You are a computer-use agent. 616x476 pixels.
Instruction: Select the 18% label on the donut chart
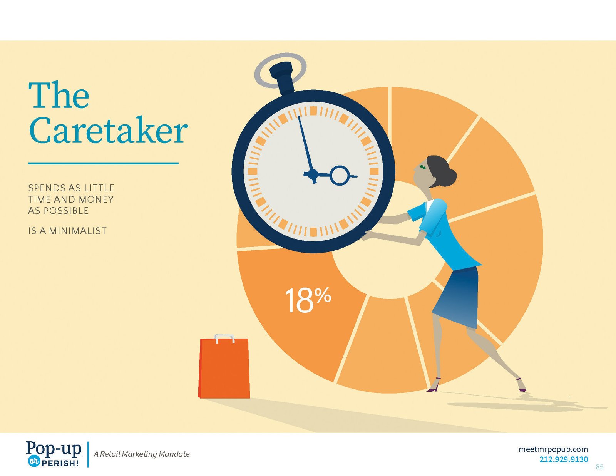(x=308, y=300)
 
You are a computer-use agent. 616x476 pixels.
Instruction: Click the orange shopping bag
(x=224, y=367)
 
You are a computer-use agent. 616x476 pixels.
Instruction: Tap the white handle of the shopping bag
(x=224, y=338)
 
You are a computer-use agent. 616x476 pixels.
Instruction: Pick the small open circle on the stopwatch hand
(x=340, y=176)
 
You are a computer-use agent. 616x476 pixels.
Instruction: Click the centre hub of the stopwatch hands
(x=313, y=174)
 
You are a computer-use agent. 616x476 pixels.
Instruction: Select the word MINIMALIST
(x=78, y=231)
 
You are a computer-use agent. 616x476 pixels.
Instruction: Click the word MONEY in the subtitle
(x=96, y=199)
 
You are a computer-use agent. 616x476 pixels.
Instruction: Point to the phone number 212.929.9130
(x=564, y=459)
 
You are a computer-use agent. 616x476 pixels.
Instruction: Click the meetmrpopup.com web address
(x=553, y=450)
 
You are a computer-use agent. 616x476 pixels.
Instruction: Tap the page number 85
(x=599, y=467)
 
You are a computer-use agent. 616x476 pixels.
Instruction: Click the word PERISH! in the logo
(x=60, y=463)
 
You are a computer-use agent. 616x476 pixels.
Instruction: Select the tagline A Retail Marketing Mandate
(x=141, y=454)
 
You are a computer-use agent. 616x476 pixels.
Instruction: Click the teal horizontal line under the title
(x=104, y=163)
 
